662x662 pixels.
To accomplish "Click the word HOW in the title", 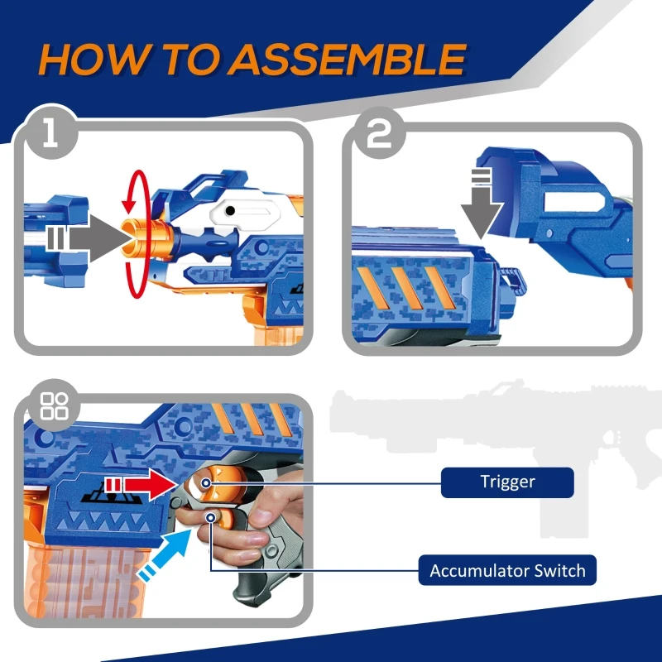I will click(x=91, y=60).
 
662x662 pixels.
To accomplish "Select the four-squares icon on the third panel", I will click(x=55, y=406).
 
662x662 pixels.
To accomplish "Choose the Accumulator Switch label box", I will click(x=506, y=570).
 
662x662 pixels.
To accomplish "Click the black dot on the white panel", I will click(x=232, y=212).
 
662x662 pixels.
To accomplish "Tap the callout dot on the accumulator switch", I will click(x=213, y=518).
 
